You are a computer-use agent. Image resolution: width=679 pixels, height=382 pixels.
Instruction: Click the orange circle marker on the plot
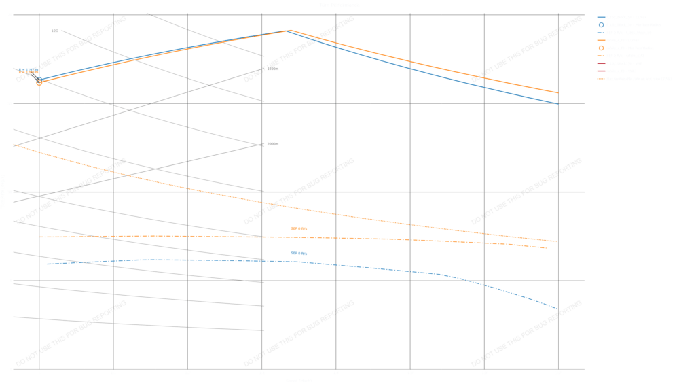(x=39, y=83)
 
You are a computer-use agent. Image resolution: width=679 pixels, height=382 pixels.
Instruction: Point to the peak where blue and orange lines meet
(x=290, y=31)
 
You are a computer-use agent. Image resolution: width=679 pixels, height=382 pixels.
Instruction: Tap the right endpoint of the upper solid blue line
(x=557, y=103)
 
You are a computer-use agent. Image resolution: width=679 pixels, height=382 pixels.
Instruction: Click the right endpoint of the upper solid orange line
(x=557, y=92)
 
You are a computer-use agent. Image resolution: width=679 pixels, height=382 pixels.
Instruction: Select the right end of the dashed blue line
(x=557, y=309)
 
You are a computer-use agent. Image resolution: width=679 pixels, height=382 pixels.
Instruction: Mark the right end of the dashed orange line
(x=547, y=248)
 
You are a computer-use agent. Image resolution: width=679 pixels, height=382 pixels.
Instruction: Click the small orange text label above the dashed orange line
(x=299, y=229)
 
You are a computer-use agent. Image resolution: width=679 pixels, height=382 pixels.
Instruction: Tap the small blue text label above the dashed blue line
(x=299, y=254)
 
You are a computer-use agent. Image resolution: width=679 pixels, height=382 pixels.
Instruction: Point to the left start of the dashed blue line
(x=46, y=264)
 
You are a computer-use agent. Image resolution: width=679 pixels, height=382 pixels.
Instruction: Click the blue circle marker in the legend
(x=601, y=24)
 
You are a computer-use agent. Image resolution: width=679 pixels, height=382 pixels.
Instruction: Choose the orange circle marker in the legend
(x=601, y=48)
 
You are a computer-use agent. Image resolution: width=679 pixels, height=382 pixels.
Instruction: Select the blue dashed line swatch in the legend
(x=601, y=32)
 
